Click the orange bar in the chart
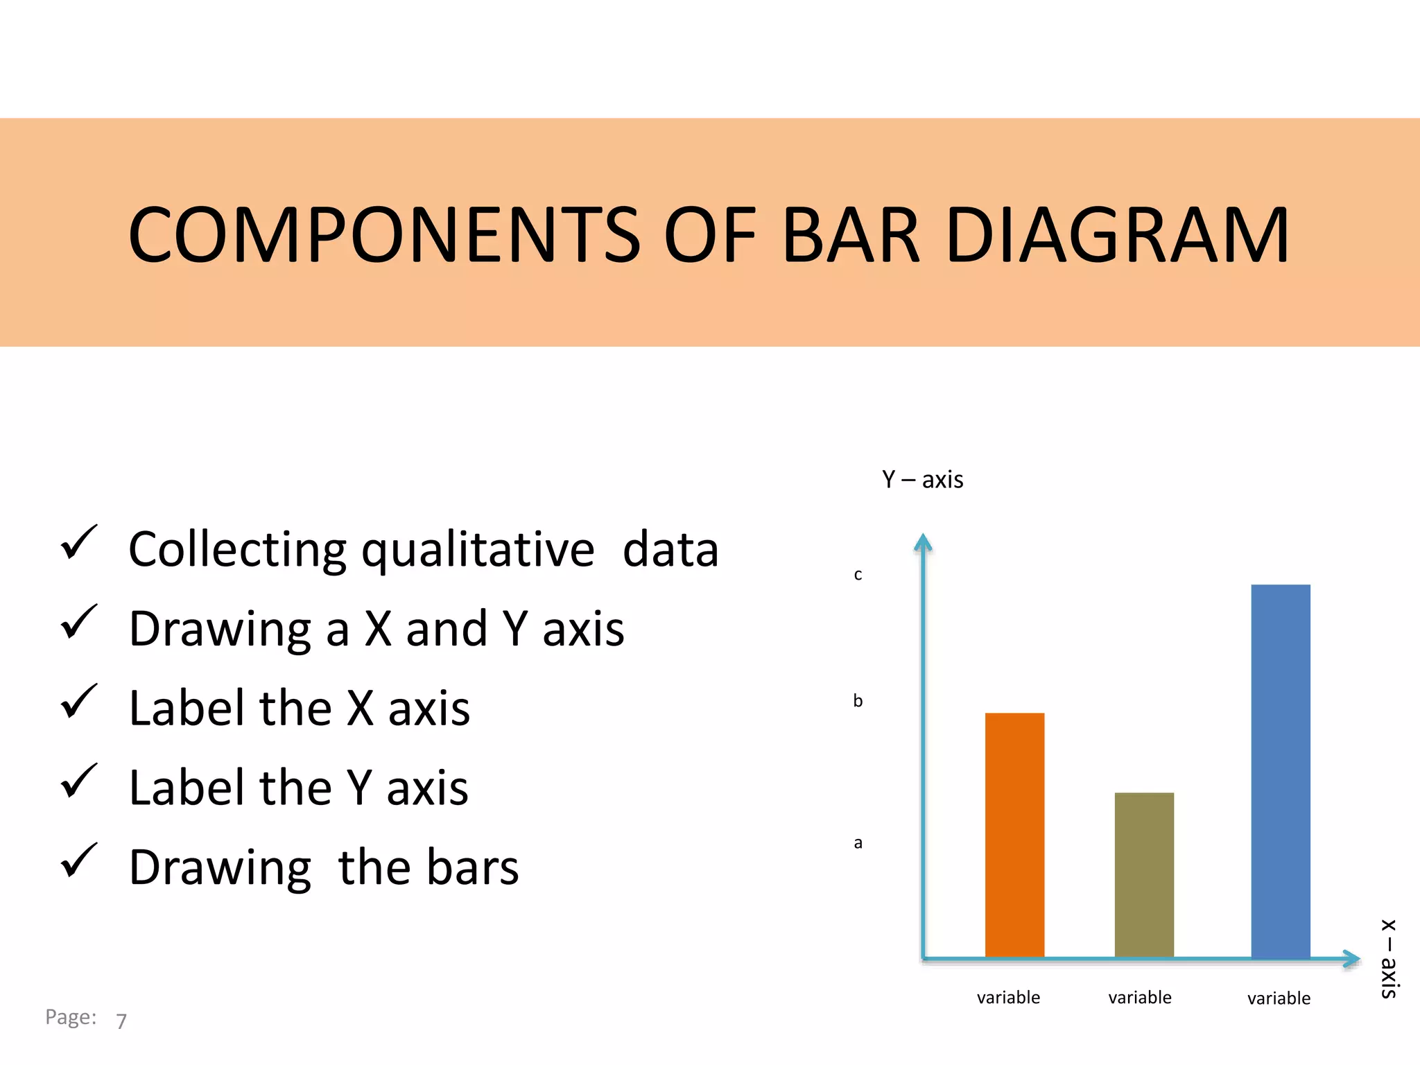tap(1014, 835)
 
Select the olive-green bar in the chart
tap(1144, 875)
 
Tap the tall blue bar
tap(1280, 771)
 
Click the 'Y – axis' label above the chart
tap(922, 480)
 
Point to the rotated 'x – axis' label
tap(1389, 959)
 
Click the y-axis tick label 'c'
tap(858, 575)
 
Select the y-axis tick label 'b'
tap(858, 701)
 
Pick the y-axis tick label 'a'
tap(858, 843)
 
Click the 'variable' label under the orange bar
tap(1008, 998)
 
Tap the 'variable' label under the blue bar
tap(1279, 998)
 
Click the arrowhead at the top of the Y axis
tap(923, 542)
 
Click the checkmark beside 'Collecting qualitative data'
tap(79, 542)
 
